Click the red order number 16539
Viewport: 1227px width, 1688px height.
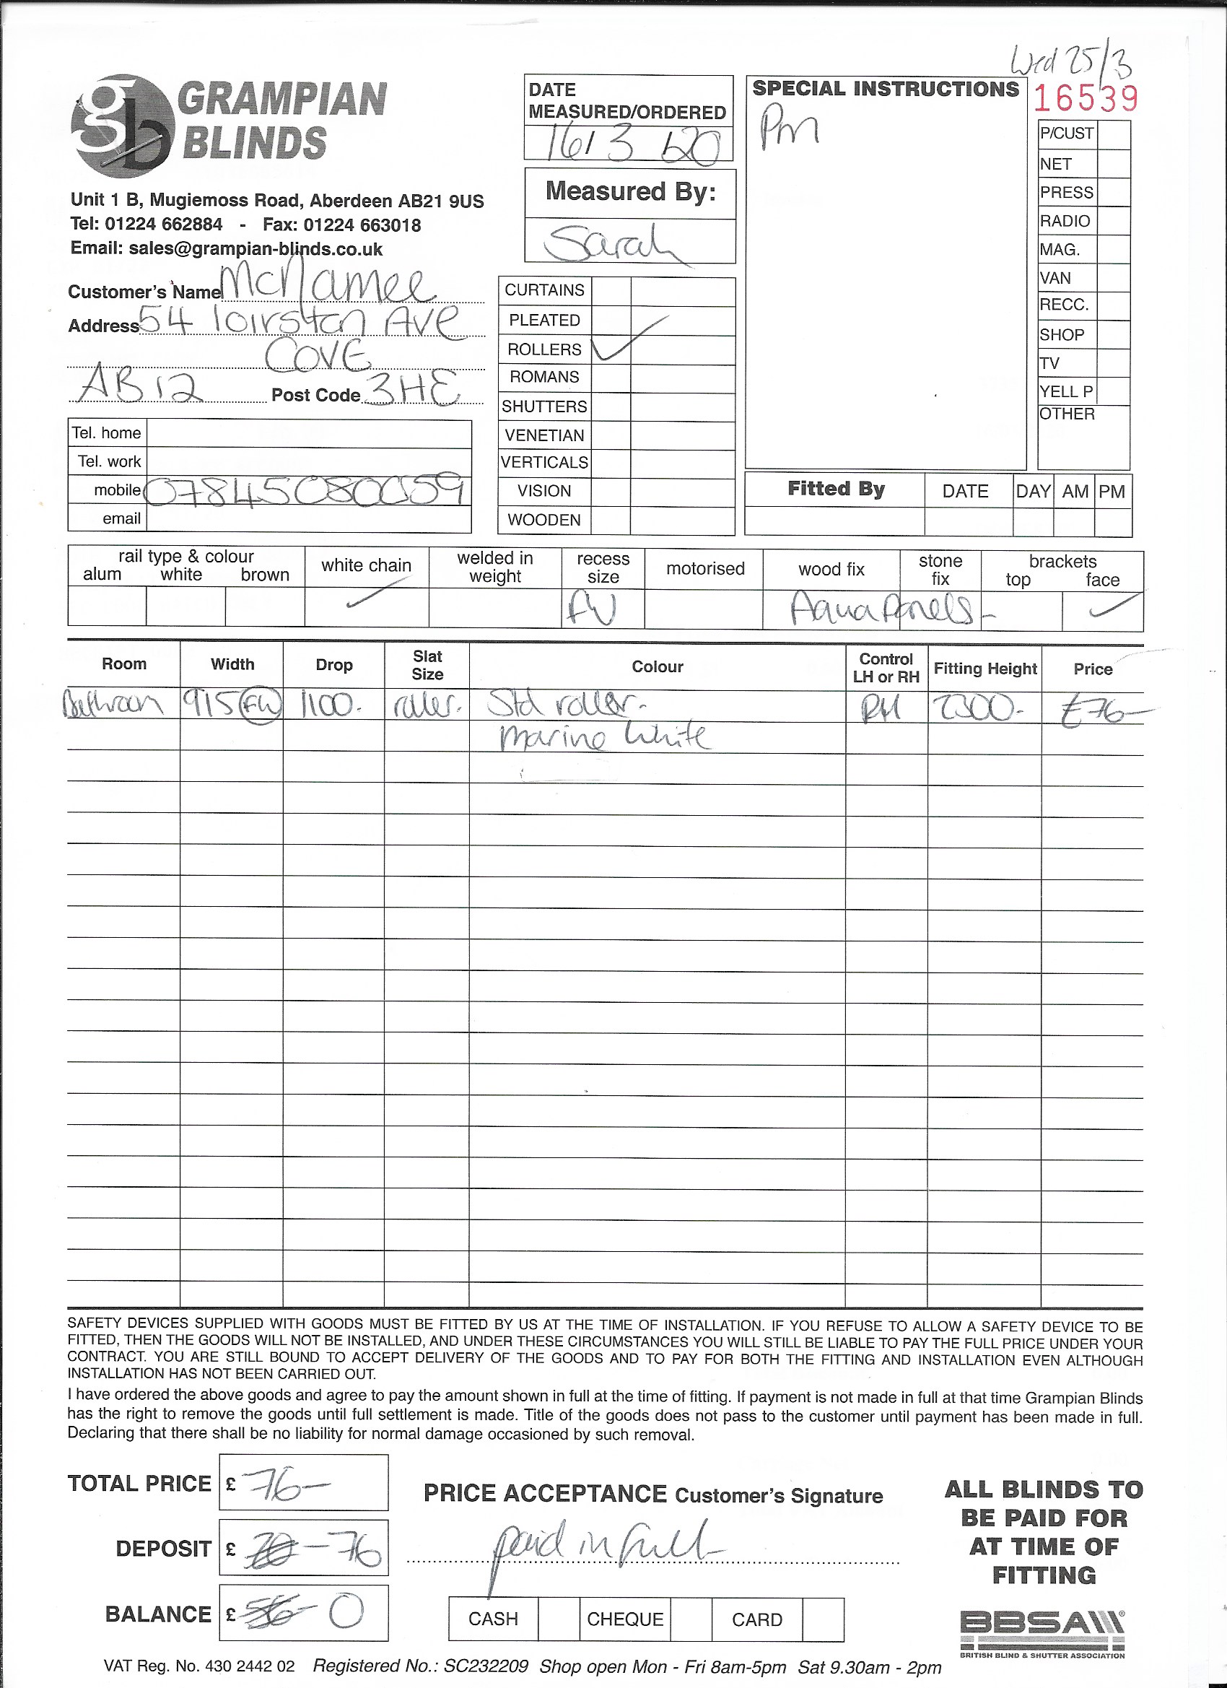[x=1086, y=98]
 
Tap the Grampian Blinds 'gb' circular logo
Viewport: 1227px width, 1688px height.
[x=119, y=126]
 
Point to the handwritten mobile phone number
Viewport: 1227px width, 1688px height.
[x=307, y=490]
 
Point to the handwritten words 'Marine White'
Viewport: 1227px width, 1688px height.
[x=603, y=737]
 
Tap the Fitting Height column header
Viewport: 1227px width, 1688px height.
[x=984, y=669]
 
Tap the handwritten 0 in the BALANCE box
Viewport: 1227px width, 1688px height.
[x=345, y=1611]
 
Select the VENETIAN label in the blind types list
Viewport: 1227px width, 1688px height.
[x=544, y=435]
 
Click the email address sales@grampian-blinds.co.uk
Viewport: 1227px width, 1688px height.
[x=256, y=248]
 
